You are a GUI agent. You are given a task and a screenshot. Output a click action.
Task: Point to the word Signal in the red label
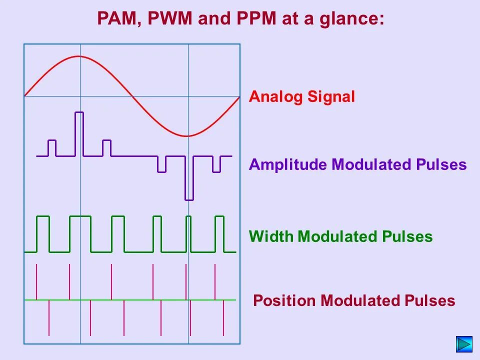(331, 97)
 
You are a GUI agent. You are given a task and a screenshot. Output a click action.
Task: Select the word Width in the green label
(271, 236)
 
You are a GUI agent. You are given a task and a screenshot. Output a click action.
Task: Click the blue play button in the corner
(464, 344)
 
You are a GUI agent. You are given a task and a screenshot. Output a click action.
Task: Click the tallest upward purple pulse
(79, 133)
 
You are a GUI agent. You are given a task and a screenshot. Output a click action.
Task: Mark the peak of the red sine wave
(79, 56)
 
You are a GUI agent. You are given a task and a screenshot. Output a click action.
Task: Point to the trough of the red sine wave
(187, 135)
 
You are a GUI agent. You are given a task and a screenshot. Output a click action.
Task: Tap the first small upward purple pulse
(52, 148)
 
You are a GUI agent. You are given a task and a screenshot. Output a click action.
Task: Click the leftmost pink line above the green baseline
(36, 281)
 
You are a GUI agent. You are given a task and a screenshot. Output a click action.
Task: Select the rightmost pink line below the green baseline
(223, 318)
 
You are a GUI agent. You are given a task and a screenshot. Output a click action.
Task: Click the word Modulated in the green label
(338, 236)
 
